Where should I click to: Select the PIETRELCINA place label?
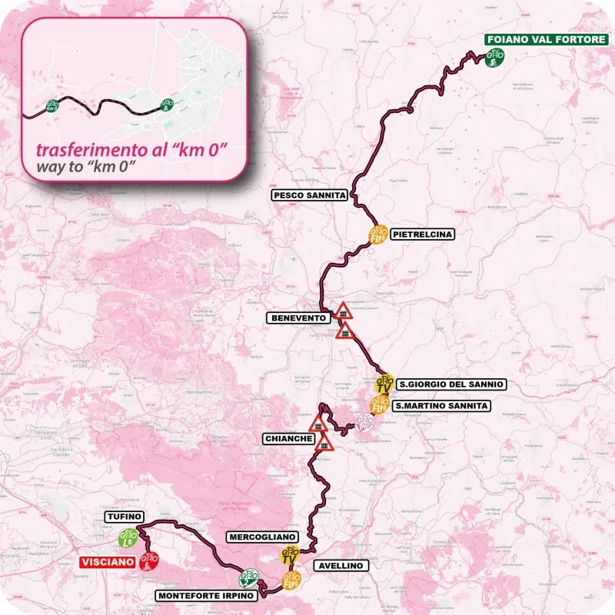pos(422,234)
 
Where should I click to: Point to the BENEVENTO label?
pos(297,317)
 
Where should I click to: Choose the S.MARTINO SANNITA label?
pos(440,405)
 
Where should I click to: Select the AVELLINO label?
pos(341,565)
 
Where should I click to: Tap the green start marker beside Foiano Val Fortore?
pos(494,57)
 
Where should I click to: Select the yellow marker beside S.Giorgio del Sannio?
pos(387,383)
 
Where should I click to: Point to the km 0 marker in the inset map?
pos(53,107)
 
